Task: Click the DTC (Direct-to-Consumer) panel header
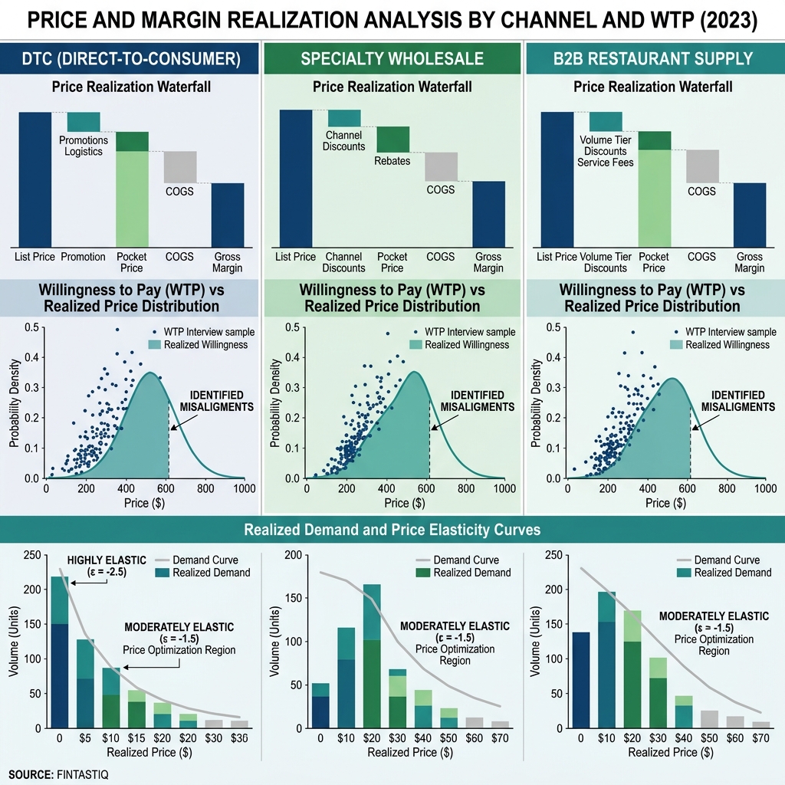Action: point(131,59)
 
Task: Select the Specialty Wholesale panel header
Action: point(392,59)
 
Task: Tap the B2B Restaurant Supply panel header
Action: point(653,59)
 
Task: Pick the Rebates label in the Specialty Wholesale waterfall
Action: point(392,161)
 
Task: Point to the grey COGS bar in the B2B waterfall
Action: point(702,166)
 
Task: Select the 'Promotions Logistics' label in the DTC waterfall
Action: point(84,146)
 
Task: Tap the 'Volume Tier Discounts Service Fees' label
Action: point(606,151)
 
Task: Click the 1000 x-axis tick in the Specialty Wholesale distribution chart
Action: point(504,488)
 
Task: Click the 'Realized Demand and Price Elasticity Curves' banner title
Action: point(392,530)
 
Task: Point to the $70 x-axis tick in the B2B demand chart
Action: point(760,739)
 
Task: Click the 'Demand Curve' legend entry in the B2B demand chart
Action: point(728,560)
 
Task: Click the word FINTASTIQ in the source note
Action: point(83,775)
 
